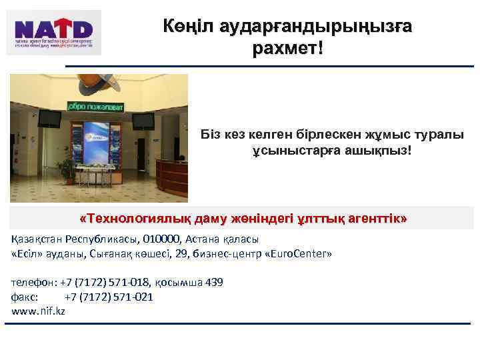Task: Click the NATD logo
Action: [55, 31]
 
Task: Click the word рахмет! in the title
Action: [288, 49]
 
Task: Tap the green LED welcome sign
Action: [99, 106]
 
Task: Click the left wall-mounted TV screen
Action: [49, 119]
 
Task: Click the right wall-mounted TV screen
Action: [143, 121]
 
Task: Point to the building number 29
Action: [197, 254]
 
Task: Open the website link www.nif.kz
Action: [39, 311]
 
